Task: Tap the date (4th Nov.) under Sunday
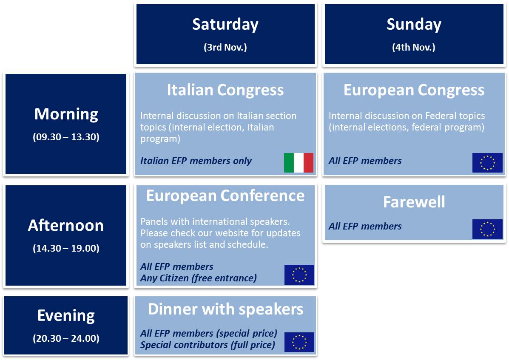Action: [414, 47]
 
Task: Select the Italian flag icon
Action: [299, 163]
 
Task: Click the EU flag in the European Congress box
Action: [487, 163]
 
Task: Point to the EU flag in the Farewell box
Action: [487, 229]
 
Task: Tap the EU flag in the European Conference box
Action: [299, 275]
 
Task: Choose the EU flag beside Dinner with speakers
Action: [299, 342]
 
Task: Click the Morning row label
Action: [66, 115]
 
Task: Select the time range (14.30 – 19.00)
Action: [66, 249]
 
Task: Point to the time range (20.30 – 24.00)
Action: [66, 339]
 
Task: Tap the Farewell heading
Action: [414, 202]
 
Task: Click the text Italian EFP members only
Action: [196, 161]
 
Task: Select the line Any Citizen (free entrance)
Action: [198, 278]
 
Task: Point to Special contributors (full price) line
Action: [208, 345]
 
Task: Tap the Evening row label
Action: [66, 316]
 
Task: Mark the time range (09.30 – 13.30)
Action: [66, 137]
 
